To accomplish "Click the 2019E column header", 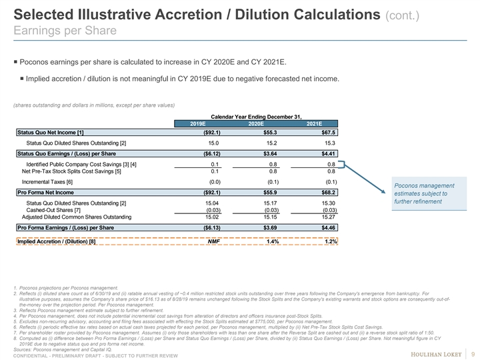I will click(197, 123).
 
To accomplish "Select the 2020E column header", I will click(256, 123).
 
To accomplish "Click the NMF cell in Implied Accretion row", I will click(213, 242).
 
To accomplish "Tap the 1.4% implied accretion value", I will click(272, 242).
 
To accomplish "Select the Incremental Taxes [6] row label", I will click(47, 182).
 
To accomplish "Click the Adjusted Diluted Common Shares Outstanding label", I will click(76, 217).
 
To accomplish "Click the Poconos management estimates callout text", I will click(424, 193).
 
